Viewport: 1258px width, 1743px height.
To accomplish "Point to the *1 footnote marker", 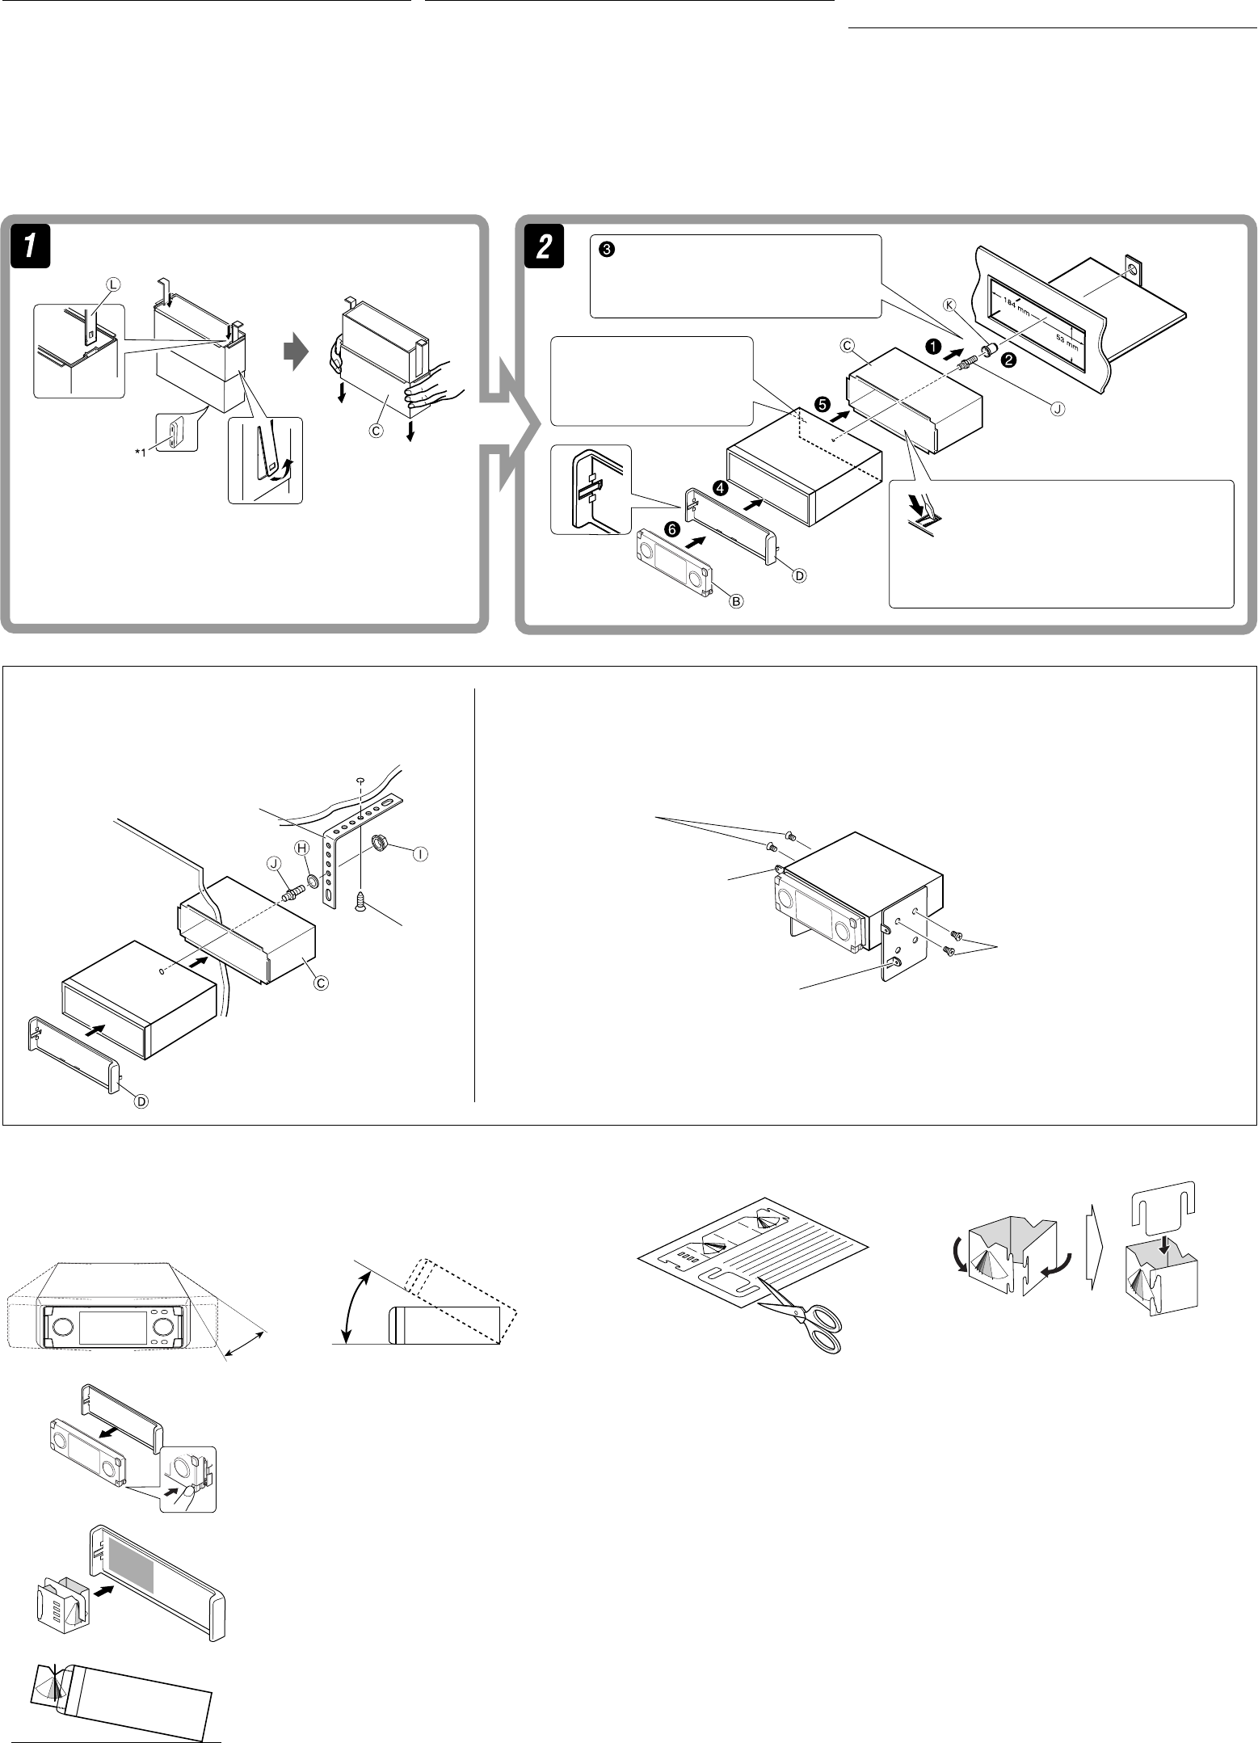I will [141, 452].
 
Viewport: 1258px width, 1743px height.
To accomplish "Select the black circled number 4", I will [720, 488].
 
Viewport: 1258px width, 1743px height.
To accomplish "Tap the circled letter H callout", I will [302, 847].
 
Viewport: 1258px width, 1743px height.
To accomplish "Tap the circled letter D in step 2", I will [798, 575].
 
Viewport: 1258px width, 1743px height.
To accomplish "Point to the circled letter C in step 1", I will [376, 430].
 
